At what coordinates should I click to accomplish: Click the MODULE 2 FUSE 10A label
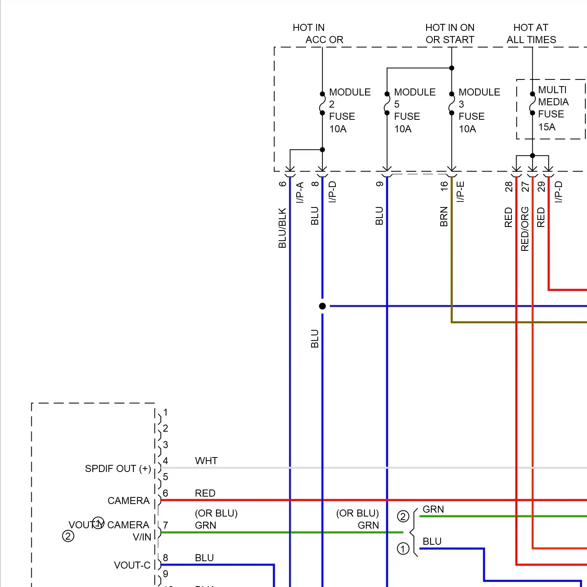point(349,110)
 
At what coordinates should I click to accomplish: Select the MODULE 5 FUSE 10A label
point(414,110)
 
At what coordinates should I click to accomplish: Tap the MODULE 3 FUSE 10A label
point(479,110)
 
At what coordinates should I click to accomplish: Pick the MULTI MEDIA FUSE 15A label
point(553,108)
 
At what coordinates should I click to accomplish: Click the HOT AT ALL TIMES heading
point(531,34)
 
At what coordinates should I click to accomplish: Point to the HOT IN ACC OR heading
point(317,34)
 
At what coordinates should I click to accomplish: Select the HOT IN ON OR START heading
point(450,34)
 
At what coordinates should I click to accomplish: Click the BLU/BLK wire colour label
point(282,228)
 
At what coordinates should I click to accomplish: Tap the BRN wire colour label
point(444,216)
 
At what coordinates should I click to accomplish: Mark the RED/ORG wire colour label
point(525,229)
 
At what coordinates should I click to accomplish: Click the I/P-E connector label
point(461,192)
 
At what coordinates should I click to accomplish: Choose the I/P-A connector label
point(300,192)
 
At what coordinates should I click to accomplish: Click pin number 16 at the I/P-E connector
point(444,186)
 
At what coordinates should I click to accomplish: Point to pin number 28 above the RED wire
point(508,186)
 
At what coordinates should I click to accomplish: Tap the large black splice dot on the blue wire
point(322,306)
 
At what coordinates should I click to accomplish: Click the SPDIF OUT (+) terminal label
point(118,468)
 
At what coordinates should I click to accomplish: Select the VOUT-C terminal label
point(132,565)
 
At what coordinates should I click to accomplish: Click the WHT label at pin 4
point(206,461)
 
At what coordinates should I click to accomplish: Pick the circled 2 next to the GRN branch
point(403,516)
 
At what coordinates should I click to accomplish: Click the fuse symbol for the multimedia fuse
point(532,104)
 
